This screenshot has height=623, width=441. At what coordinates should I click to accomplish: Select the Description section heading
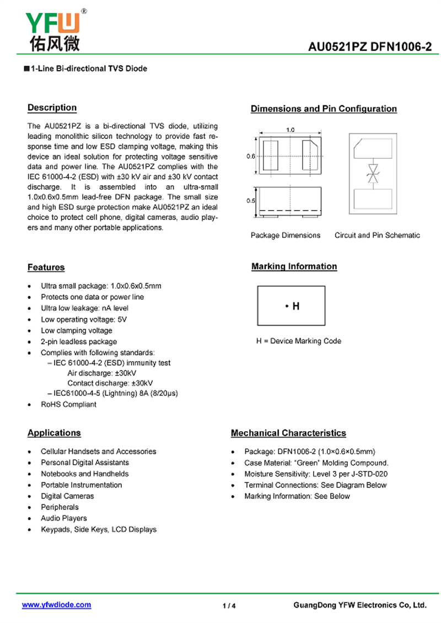(52, 108)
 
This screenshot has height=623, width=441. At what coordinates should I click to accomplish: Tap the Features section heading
(46, 267)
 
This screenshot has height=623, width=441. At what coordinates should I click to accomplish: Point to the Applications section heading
(54, 433)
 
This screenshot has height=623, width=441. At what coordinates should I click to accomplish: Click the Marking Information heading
(294, 266)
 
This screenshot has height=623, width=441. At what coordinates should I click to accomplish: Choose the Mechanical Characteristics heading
(288, 433)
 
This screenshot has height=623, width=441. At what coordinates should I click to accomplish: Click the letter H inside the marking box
(296, 306)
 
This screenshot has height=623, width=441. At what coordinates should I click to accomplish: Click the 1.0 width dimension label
(291, 130)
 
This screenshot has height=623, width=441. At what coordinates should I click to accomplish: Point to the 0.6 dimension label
(251, 156)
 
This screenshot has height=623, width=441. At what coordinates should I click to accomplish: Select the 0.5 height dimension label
(251, 201)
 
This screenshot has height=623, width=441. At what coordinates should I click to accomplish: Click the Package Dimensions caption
(285, 235)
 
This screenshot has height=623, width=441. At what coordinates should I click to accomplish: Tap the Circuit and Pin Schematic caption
(377, 235)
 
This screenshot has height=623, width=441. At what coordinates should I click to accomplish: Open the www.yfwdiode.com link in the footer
(56, 605)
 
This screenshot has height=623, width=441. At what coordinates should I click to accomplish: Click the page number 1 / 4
(229, 606)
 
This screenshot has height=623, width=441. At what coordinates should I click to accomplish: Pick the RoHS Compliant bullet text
(68, 404)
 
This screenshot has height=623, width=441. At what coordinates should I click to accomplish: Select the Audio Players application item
(63, 518)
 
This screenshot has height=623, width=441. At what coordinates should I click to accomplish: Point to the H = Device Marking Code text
(298, 341)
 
